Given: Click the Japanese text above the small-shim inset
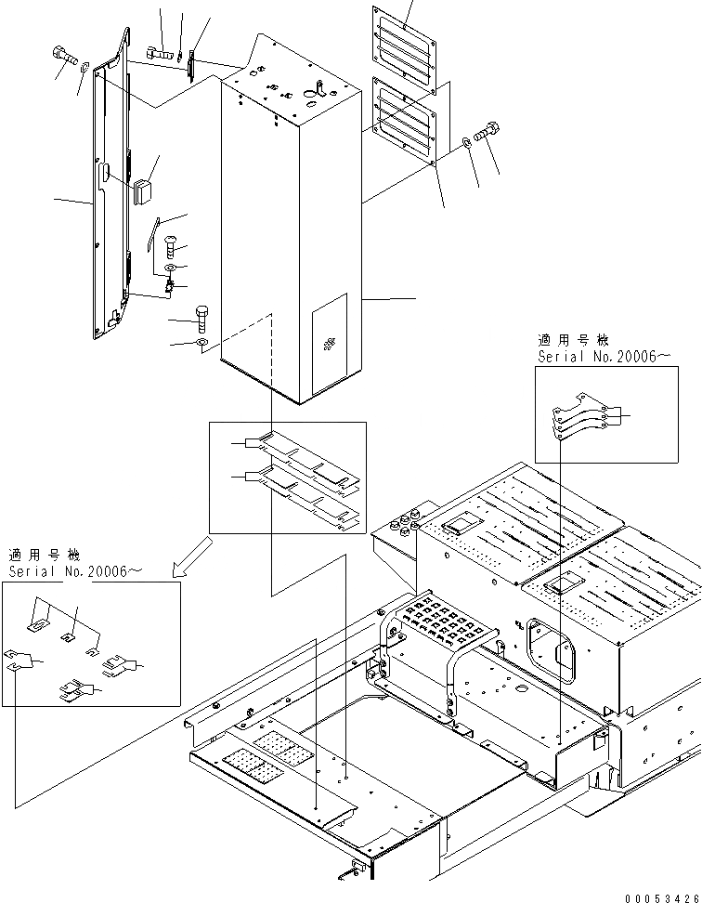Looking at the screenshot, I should point(44,556).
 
